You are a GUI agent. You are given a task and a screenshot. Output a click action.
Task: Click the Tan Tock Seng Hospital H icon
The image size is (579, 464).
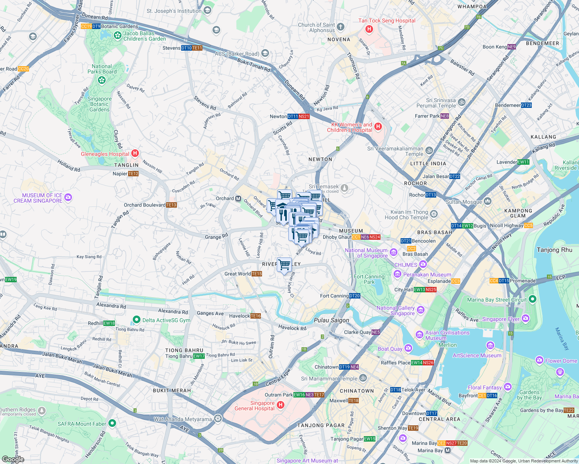coord(369,29)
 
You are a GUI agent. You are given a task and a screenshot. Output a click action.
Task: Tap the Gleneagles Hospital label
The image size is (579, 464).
coord(105,154)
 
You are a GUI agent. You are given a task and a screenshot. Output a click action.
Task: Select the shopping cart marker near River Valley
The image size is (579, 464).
coord(284,265)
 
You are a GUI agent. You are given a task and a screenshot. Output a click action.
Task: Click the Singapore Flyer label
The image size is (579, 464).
coord(500,319)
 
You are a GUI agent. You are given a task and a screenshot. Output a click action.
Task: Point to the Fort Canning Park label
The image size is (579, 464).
coord(369,279)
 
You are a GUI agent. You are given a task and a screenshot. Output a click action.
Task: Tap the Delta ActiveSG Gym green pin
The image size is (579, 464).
coord(136,320)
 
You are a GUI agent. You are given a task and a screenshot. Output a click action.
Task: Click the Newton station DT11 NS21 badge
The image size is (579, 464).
coord(298,116)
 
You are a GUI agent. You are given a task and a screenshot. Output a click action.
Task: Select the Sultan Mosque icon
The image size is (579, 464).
coord(488,201)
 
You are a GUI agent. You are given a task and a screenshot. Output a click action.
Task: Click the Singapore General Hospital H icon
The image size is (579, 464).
coord(281,405)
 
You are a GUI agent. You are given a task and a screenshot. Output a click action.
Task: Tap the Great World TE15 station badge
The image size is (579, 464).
coord(257,274)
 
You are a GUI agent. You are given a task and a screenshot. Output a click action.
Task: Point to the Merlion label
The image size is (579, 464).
coord(447,345)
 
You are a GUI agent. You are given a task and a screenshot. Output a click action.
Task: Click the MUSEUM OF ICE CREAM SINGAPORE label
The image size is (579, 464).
coord(38,198)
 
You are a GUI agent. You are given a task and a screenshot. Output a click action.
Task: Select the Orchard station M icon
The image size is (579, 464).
coord(238,198)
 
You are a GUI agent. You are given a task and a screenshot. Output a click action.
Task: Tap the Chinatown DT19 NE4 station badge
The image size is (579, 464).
coord(349,367)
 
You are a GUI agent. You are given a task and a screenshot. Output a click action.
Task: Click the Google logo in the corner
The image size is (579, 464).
coord(13,459)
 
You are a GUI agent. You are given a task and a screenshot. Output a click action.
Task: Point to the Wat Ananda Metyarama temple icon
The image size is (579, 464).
coord(218,419)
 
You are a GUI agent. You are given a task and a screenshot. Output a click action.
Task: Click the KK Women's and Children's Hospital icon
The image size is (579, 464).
coord(379,126)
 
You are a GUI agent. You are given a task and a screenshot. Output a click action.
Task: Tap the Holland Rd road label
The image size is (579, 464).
coord(69,166)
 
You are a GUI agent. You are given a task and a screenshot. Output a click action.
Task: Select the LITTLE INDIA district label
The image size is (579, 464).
coord(428,164)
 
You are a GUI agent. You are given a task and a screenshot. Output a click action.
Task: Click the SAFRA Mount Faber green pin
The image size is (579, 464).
coord(112,423)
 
